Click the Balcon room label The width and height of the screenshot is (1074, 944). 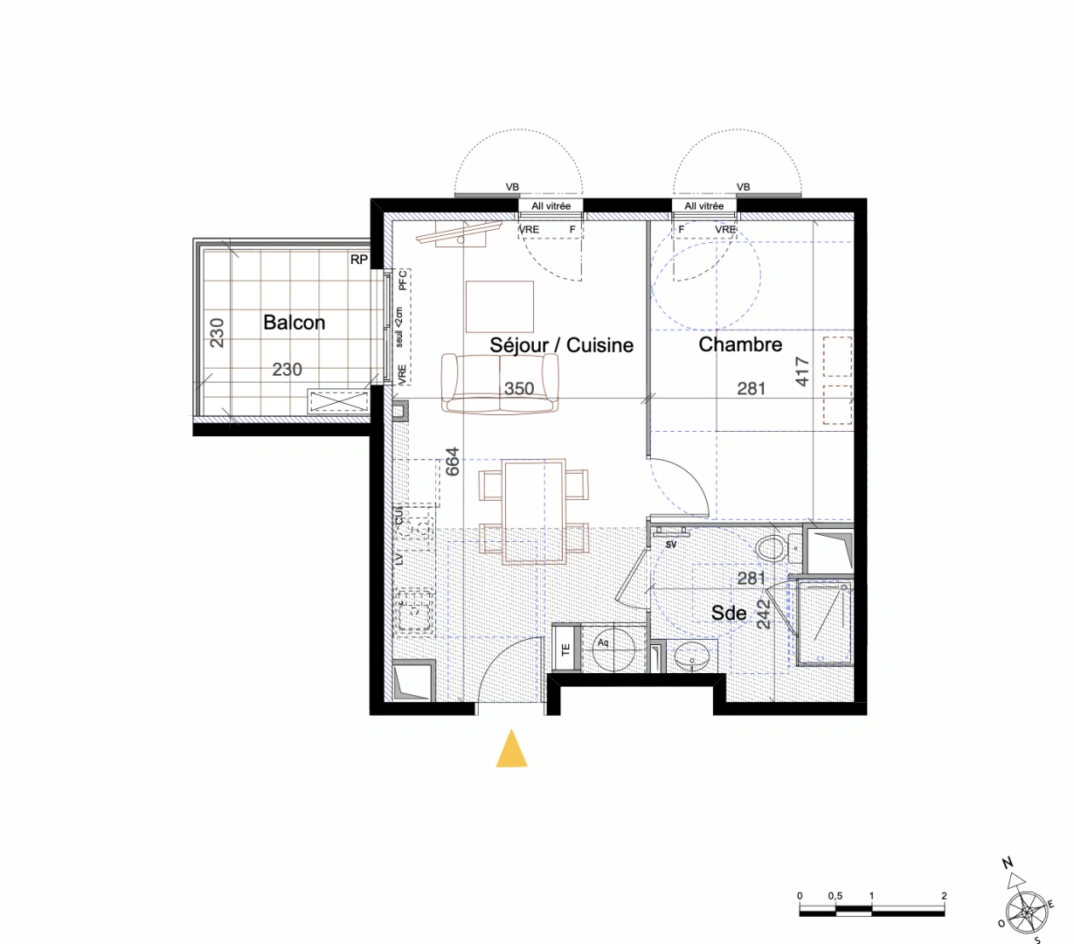294,323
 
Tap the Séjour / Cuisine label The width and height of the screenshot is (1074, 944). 561,345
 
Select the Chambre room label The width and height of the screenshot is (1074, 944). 740,344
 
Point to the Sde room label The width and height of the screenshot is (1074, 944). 728,613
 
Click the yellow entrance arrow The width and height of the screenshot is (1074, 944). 511,750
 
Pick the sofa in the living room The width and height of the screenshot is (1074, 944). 499,384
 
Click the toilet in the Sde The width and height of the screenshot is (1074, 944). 770,549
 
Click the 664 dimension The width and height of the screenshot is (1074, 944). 453,462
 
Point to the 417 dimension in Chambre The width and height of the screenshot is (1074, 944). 803,371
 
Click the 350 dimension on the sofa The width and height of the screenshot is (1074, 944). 519,389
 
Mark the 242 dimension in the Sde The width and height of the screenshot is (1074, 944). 764,614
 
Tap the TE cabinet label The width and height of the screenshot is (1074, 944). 565,649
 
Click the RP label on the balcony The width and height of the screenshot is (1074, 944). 358,260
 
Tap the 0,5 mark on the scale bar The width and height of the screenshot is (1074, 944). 835,896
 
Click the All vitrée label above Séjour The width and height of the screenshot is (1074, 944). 551,206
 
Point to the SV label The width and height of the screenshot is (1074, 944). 671,545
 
